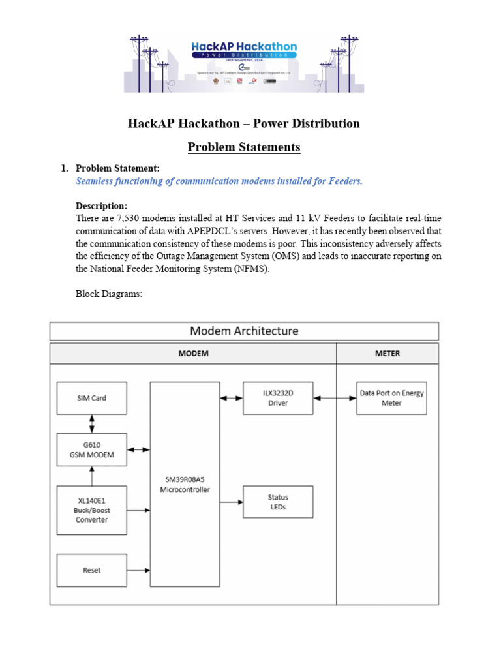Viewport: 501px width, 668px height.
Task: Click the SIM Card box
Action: tap(91, 398)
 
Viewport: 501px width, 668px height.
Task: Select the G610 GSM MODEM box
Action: tap(91, 449)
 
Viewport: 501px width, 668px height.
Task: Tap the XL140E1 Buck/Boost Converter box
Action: tap(91, 509)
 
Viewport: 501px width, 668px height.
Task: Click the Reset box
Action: tap(91, 570)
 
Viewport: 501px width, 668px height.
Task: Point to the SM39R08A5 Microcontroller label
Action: tap(185, 485)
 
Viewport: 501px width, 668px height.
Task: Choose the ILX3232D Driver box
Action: tap(278, 398)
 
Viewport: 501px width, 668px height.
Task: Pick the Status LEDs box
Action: tap(278, 502)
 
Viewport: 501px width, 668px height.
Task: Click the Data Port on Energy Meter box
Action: tap(391, 398)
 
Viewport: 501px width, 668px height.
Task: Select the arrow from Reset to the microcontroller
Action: tap(138, 571)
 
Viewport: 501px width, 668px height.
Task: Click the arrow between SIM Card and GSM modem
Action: tap(92, 423)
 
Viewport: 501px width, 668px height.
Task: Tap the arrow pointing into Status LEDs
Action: tap(231, 502)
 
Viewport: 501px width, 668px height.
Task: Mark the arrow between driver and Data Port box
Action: tap(335, 398)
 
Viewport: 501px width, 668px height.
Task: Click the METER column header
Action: tap(387, 354)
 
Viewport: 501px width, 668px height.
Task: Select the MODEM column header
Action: tap(193, 354)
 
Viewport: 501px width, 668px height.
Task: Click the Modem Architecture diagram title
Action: tap(244, 331)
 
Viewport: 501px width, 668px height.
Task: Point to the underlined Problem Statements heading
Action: tap(244, 147)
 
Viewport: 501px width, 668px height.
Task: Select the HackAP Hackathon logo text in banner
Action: tap(244, 47)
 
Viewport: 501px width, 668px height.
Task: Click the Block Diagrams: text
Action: tap(109, 294)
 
